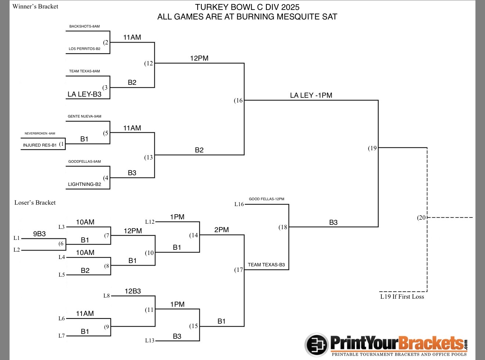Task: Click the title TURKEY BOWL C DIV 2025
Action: coord(247,7)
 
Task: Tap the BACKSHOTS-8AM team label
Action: coord(85,26)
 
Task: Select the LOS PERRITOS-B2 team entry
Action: coord(85,48)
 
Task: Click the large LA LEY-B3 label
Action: coord(85,94)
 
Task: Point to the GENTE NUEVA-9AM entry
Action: coord(85,116)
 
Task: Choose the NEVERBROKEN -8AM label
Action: coord(40,134)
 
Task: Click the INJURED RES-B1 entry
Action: coord(40,145)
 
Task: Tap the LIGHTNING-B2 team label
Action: coord(85,184)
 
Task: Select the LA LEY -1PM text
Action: coord(311,96)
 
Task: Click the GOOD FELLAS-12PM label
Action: coord(266,199)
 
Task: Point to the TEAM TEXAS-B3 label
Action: coord(266,265)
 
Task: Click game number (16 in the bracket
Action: coord(238,100)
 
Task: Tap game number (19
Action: coord(373,148)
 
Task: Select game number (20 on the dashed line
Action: coord(421,217)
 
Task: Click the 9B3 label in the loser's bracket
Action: coord(39,234)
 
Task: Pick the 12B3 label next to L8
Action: coord(133,291)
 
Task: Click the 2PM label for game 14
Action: coord(222,230)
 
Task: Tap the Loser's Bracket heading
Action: coord(35,202)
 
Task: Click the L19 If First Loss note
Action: coord(402,297)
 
